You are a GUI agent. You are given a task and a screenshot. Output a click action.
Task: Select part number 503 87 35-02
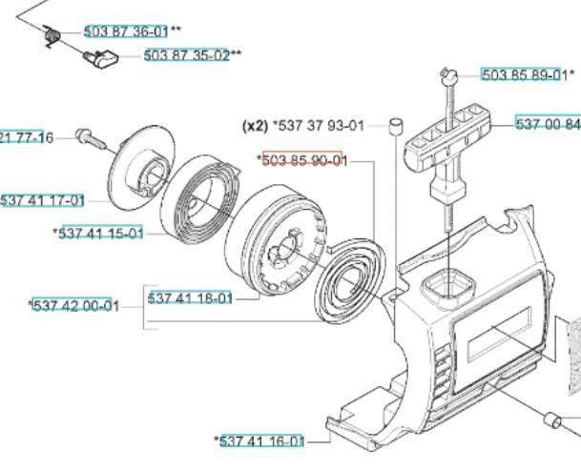pos(187,55)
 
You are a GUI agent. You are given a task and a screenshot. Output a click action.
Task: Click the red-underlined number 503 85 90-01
pos(303,160)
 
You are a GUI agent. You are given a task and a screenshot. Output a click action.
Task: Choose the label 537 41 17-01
pos(42,200)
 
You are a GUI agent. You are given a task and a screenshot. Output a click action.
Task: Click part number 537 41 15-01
pos(100,233)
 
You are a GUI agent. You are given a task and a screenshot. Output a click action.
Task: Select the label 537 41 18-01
pos(190,298)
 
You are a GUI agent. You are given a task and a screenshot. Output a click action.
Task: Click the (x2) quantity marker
pos(256,125)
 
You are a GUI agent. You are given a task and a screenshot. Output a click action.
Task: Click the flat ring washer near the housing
pos(349,285)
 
